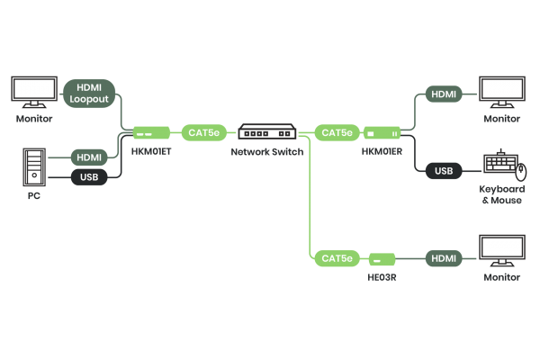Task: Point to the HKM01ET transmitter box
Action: coord(146,133)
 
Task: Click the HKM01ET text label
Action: coord(149,152)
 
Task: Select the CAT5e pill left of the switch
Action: coord(202,133)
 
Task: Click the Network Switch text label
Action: coord(267,152)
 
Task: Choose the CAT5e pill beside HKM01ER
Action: coord(337,133)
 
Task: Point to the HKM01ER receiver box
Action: coord(382,133)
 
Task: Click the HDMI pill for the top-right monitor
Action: coord(444,94)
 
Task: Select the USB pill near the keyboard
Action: coord(443,170)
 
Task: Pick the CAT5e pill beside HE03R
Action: coord(337,259)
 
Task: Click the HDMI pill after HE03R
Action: coord(444,259)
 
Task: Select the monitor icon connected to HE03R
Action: coord(502,250)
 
